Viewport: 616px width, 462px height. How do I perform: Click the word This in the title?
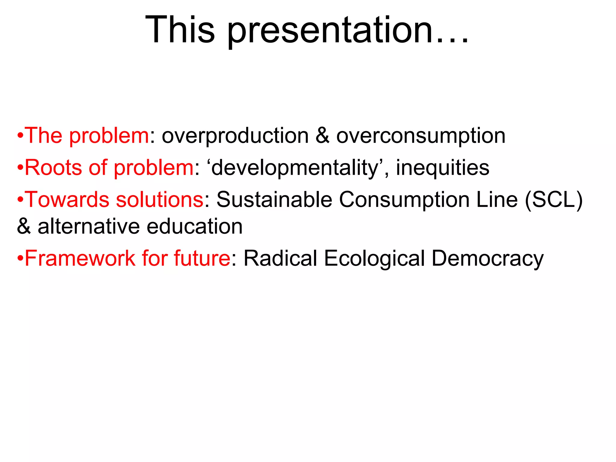point(180,30)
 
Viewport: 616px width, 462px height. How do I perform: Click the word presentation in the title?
point(331,32)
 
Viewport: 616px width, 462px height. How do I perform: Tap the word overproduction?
point(235,136)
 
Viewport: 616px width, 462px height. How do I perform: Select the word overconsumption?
point(420,136)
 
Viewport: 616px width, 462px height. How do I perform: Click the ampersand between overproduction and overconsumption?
point(322,136)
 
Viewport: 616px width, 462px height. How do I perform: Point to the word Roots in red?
point(53,168)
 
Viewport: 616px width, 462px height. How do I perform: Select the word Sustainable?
point(274,199)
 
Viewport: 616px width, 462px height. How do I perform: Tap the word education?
point(195,226)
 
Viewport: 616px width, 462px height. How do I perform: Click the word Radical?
point(280,258)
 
